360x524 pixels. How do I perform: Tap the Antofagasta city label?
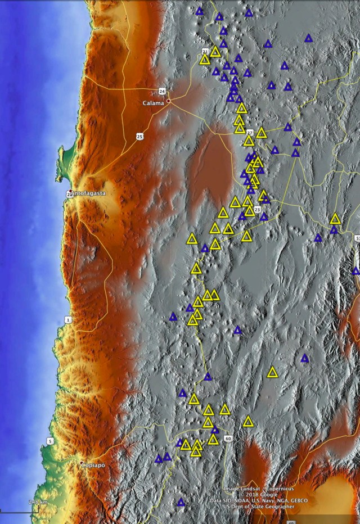[88, 193]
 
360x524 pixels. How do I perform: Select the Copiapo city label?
[92, 466]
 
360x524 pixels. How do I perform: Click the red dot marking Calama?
[168, 101]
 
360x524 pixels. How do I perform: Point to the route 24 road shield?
[162, 91]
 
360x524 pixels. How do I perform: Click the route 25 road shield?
[139, 136]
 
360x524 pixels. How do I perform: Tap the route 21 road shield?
[205, 52]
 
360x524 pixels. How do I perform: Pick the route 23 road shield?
[256, 209]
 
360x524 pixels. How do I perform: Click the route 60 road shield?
[227, 438]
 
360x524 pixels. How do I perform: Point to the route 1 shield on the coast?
[68, 320]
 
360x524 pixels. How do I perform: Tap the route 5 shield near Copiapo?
[50, 441]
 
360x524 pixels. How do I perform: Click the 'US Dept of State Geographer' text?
[258, 507]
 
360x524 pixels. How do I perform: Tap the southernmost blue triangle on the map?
[181, 502]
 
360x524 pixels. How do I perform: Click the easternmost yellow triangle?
[335, 219]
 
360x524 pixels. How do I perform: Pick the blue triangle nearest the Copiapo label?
[159, 459]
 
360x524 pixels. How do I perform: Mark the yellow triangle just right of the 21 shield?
[215, 52]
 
